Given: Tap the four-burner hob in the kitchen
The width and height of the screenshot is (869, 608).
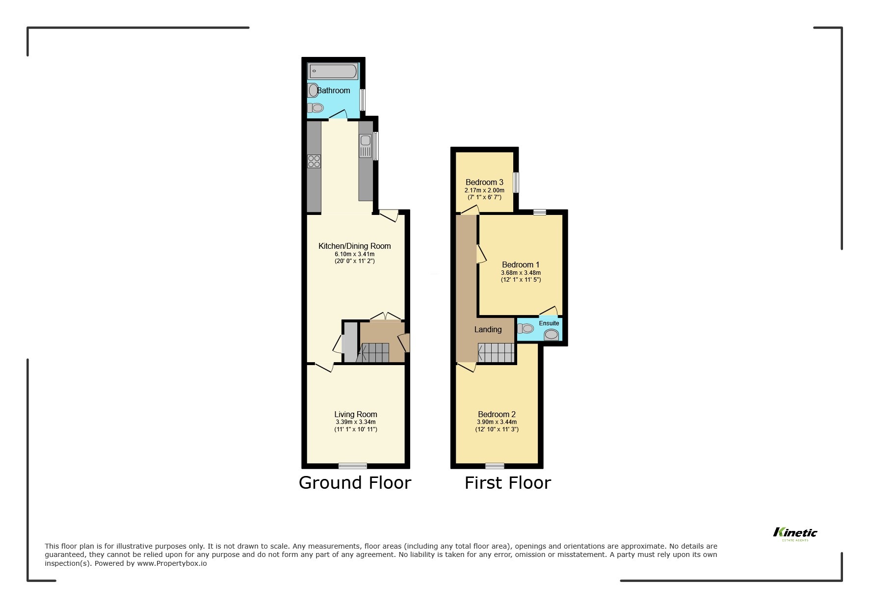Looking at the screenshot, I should pyautogui.click(x=314, y=161).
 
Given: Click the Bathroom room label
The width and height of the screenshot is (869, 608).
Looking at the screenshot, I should pyautogui.click(x=334, y=90).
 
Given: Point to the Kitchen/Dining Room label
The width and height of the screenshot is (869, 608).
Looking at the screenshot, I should pyautogui.click(x=354, y=246).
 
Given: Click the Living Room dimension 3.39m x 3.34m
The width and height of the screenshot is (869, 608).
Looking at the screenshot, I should pyautogui.click(x=355, y=422).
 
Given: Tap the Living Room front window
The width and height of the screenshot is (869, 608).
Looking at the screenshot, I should pyautogui.click(x=353, y=465).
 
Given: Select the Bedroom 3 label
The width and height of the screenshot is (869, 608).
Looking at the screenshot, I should pyautogui.click(x=484, y=182).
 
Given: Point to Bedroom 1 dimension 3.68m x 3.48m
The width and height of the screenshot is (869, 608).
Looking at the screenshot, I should pyautogui.click(x=521, y=273).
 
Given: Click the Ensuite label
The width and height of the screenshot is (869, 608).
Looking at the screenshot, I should pyautogui.click(x=549, y=323).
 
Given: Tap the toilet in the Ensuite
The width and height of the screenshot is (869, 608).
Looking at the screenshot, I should pyautogui.click(x=527, y=328).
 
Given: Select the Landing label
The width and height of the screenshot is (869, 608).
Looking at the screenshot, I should pyautogui.click(x=488, y=329).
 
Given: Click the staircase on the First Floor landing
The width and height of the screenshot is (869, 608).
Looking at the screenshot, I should pyautogui.click(x=496, y=352).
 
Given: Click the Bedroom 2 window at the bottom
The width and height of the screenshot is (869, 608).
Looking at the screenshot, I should pyautogui.click(x=495, y=465).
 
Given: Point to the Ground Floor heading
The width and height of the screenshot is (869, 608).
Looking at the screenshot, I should pyautogui.click(x=355, y=482).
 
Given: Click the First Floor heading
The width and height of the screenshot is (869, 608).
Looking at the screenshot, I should pyautogui.click(x=507, y=482).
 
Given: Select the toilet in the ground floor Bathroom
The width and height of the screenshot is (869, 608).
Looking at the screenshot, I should pyautogui.click(x=316, y=107).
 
